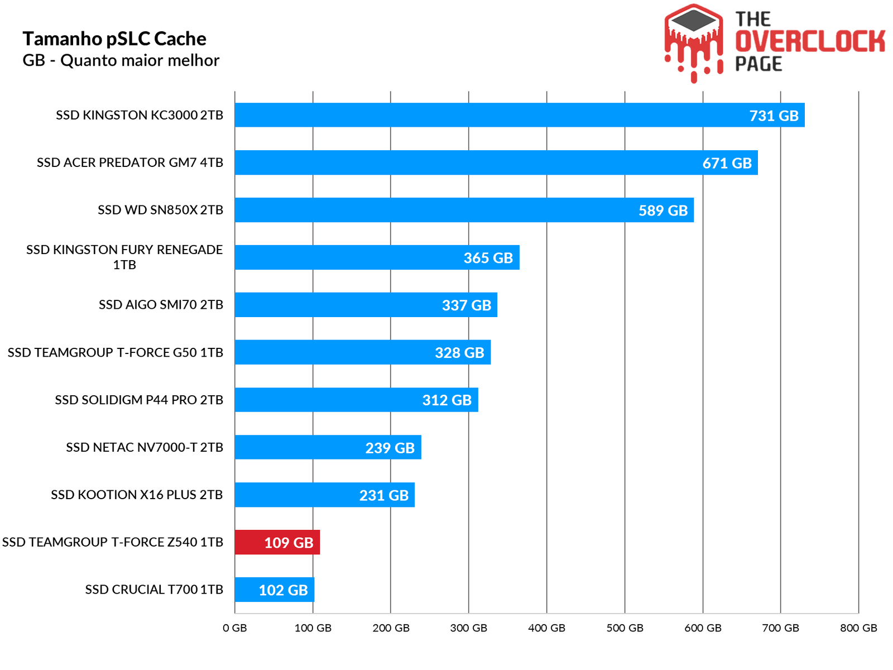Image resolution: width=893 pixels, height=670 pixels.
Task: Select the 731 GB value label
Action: [774, 116]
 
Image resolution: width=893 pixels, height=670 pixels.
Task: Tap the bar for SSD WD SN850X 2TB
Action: [435, 210]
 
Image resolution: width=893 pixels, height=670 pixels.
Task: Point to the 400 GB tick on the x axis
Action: [546, 628]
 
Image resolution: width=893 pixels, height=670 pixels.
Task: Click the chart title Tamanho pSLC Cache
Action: [114, 39]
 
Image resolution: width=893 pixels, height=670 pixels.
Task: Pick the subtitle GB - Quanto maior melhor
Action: [121, 60]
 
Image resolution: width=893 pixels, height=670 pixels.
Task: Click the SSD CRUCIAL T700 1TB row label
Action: [154, 590]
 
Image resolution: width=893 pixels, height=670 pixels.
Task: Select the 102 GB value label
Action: [283, 590]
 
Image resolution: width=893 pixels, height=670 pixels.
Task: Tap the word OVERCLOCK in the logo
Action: [810, 42]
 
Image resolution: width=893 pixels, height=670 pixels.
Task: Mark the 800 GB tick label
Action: [858, 628]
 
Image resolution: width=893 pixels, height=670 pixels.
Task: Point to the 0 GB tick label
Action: [235, 628]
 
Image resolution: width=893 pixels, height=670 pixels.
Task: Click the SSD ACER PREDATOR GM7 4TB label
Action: [130, 162]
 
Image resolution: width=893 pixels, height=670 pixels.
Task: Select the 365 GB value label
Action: [488, 258]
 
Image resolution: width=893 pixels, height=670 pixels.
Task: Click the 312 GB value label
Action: [446, 400]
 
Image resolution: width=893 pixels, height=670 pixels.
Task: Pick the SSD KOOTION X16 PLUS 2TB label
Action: [137, 495]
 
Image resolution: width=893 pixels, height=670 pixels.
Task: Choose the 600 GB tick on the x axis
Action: [703, 628]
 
